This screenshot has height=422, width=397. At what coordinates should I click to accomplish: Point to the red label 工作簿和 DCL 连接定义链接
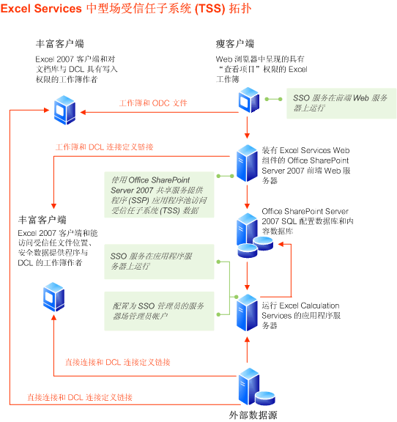pos(104,147)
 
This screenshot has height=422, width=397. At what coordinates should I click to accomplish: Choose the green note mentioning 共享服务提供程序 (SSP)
pos(160,195)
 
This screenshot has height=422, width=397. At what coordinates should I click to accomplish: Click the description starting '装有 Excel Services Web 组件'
pos(307,165)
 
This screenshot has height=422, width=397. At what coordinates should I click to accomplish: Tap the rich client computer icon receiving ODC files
pos(64,110)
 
